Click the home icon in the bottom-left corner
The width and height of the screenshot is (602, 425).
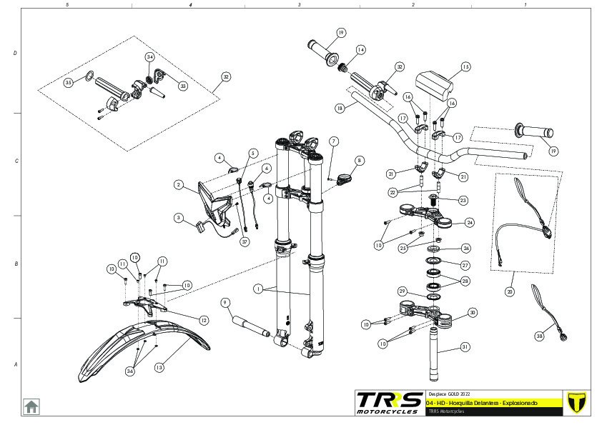(x=31, y=406)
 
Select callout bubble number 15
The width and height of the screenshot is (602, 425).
(x=465, y=67)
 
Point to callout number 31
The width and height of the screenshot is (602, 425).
(x=465, y=347)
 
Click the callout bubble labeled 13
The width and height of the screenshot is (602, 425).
(x=159, y=367)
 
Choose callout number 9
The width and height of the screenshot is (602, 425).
(x=224, y=302)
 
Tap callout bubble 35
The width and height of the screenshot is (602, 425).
(x=69, y=83)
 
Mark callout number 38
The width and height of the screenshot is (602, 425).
(x=539, y=336)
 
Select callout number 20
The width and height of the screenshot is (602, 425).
(x=509, y=291)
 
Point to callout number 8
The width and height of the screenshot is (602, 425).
(x=359, y=161)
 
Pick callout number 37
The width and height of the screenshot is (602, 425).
(x=245, y=242)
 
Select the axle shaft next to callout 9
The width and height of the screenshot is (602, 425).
(x=250, y=326)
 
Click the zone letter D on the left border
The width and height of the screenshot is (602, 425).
(x=16, y=54)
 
